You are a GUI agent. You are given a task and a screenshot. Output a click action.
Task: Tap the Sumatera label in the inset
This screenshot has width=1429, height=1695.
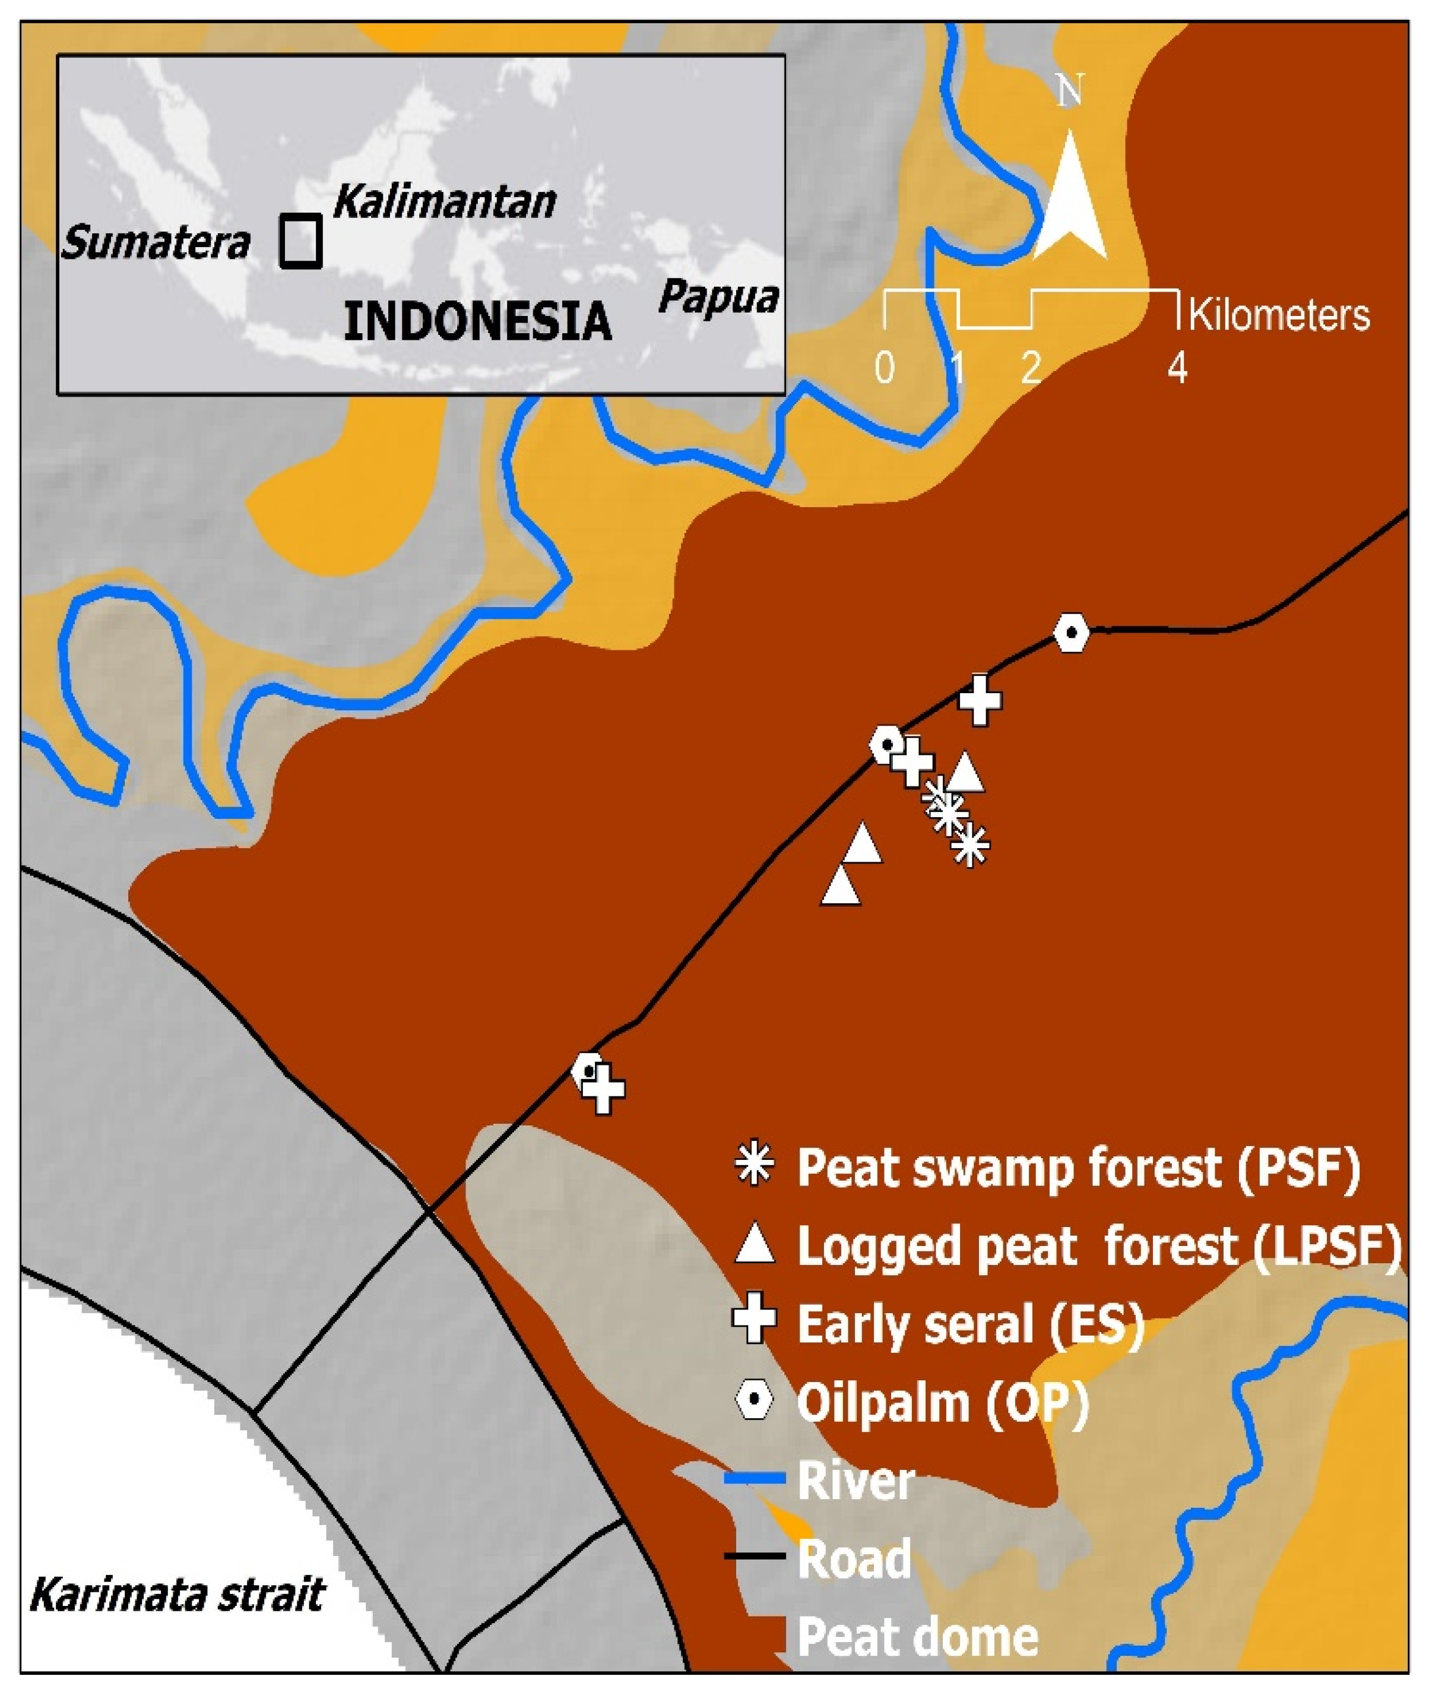pyautogui.click(x=156, y=242)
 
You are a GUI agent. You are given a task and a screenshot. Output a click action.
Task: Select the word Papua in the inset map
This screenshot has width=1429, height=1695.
pyautogui.click(x=718, y=298)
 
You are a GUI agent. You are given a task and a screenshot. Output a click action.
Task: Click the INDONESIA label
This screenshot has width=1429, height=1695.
pyautogui.click(x=477, y=322)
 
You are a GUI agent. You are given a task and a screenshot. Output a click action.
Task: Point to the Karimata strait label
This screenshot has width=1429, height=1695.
pyautogui.click(x=176, y=1595)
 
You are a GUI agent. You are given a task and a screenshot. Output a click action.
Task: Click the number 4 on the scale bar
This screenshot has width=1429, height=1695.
pyautogui.click(x=1177, y=369)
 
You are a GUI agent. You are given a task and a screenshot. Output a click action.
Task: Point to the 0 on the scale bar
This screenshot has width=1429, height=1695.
pyautogui.click(x=885, y=369)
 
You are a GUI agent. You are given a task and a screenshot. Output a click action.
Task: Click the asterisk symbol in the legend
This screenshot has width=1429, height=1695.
pyautogui.click(x=754, y=1168)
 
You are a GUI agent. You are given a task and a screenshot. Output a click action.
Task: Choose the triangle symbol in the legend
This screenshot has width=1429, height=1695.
pyautogui.click(x=754, y=1245)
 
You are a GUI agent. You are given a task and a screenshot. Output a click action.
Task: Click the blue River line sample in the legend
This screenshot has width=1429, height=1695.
pyautogui.click(x=754, y=1479)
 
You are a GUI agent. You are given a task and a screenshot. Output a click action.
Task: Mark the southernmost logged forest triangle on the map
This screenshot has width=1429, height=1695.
pyautogui.click(x=841, y=885)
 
